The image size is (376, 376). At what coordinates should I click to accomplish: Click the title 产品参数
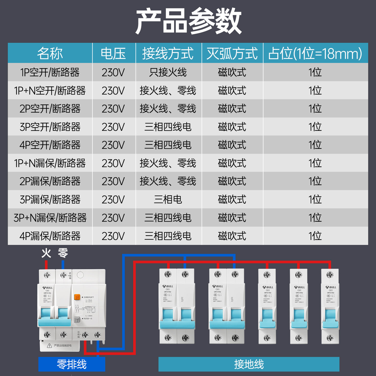188,21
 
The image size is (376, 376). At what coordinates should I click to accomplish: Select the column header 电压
113,53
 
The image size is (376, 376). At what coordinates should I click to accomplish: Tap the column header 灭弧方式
232,53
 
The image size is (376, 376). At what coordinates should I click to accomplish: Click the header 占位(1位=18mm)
315,53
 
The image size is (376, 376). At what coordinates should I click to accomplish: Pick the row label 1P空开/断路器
50,72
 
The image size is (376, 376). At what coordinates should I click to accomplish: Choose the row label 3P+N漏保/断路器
50,218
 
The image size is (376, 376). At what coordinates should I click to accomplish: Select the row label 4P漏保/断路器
50,236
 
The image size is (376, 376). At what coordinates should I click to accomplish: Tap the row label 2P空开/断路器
50,109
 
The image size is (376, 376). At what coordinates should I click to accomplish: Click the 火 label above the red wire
46,253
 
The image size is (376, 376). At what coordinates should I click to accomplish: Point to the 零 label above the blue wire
63,253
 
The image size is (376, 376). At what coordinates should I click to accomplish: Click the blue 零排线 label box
72,364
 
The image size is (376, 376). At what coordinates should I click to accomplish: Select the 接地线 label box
249,364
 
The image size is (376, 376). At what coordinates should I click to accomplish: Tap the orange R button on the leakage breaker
77,297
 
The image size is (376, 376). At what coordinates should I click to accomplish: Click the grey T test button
77,320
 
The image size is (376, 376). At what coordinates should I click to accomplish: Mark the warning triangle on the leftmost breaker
49,346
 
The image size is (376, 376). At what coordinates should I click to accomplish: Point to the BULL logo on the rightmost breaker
331,287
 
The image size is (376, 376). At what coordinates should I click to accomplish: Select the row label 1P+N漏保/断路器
50,163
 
